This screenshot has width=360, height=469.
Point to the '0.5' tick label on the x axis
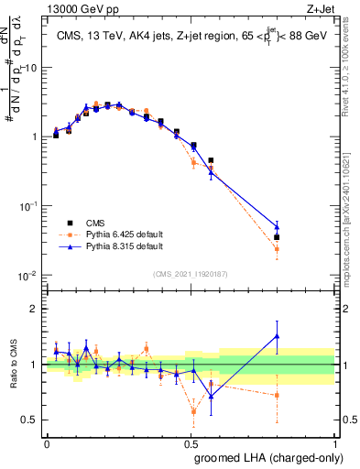click(x=191, y=442)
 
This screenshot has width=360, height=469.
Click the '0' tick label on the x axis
click(x=47, y=442)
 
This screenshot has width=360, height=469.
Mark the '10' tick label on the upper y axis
click(x=31, y=68)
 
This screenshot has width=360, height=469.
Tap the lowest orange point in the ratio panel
click(x=193, y=411)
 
